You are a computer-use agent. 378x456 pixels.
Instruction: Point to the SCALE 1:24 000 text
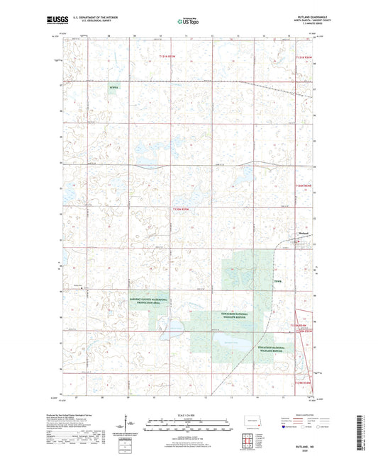click(189, 414)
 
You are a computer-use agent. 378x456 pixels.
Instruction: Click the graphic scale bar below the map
click(189, 426)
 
